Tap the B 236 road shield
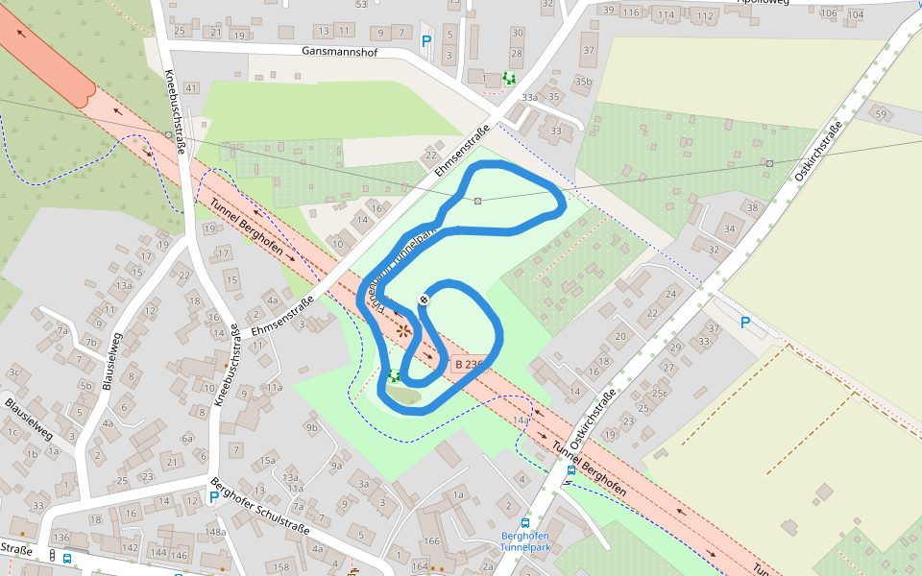[467, 365]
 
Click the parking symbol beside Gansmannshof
[426, 41]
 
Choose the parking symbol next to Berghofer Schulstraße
[213, 497]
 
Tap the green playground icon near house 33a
[508, 78]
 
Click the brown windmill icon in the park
[404, 330]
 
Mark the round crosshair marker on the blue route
[424, 300]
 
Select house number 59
[881, 114]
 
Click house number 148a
[215, 532]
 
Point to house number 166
[432, 541]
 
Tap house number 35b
[583, 83]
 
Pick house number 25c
[659, 393]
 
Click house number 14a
[522, 420]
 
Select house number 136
[61, 537]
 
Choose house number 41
[190, 88]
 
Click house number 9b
[311, 427]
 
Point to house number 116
[631, 12]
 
